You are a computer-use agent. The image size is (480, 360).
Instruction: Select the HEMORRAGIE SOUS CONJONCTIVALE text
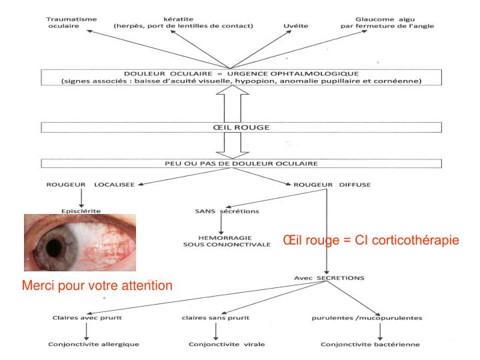pyautogui.click(x=217, y=241)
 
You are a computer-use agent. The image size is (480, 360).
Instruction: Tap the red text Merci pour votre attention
pyautogui.click(x=97, y=285)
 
